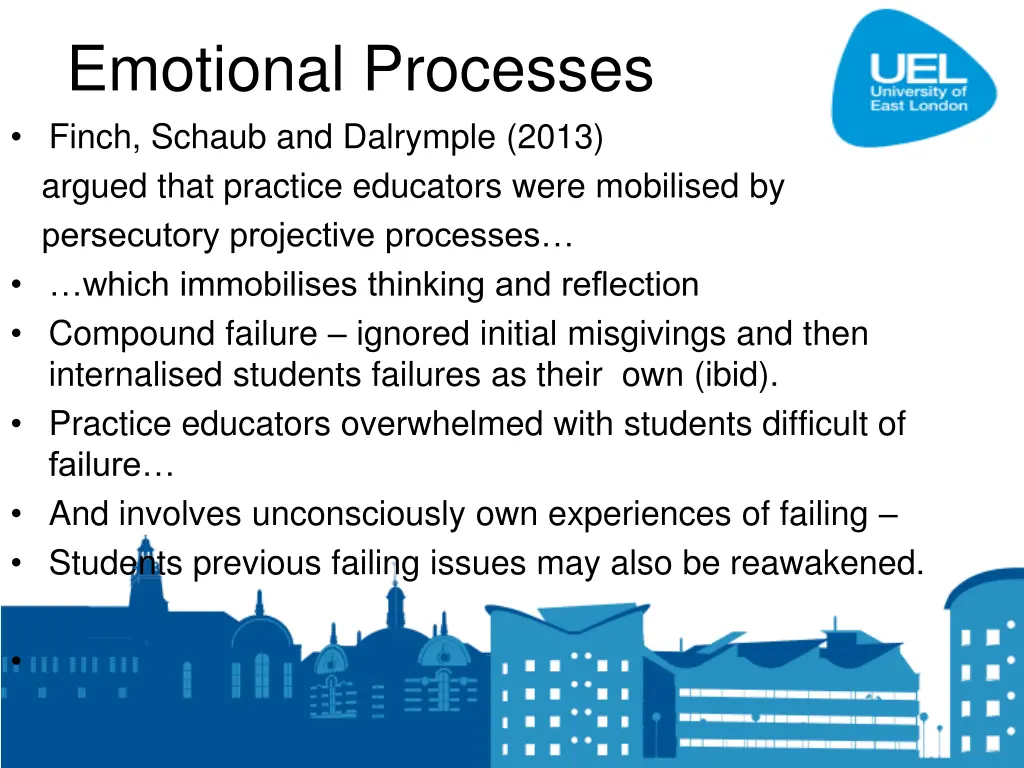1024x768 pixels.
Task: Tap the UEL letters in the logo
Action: tap(918, 67)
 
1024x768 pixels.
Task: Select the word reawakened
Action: tap(826, 563)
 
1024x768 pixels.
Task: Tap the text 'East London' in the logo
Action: tap(919, 105)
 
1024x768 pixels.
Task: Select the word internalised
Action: tap(136, 377)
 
